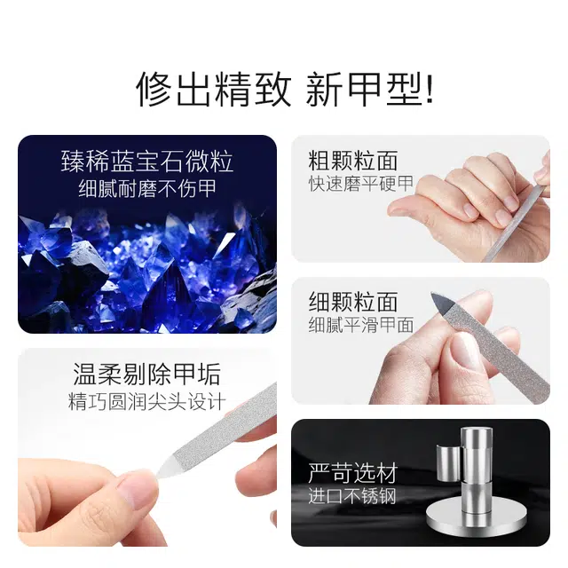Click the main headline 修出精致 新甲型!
(285, 89)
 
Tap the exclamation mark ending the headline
(430, 89)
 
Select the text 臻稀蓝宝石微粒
(147, 162)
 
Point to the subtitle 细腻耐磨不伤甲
(147, 188)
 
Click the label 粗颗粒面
(353, 161)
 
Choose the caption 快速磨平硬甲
(361, 184)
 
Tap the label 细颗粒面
(353, 302)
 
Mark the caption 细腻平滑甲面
(361, 325)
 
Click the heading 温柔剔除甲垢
(147, 375)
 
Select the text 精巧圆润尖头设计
(147, 402)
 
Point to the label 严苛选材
(353, 473)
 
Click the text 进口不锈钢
(352, 496)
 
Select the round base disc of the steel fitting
(476, 517)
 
